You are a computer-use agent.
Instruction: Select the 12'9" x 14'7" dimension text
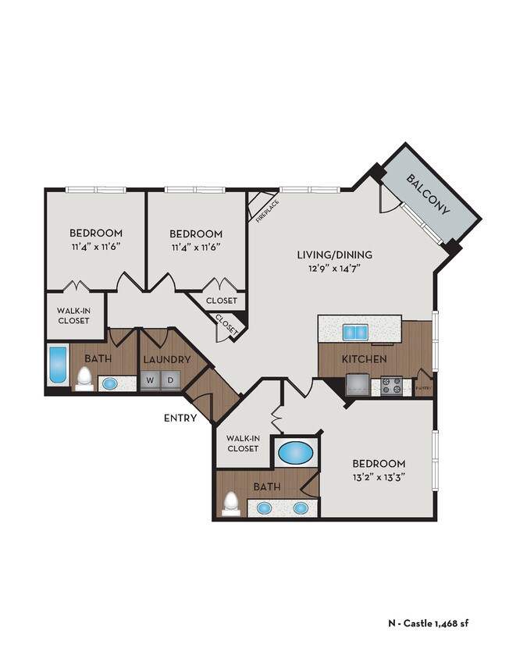point(334,269)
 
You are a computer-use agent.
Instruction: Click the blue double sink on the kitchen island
point(355,333)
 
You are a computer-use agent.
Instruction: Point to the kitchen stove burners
point(390,384)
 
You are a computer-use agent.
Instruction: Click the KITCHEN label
point(365,359)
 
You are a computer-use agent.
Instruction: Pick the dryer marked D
point(171,381)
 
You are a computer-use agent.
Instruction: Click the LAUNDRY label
point(167,359)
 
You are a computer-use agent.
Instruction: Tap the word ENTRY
point(180,419)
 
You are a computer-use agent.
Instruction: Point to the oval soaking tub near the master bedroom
point(294,453)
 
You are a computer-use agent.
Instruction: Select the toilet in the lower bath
point(230,504)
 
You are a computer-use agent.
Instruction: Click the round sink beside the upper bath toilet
point(109,383)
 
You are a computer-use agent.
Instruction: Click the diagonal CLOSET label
point(226,324)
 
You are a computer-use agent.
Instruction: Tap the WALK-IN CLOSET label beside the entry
point(242,443)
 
